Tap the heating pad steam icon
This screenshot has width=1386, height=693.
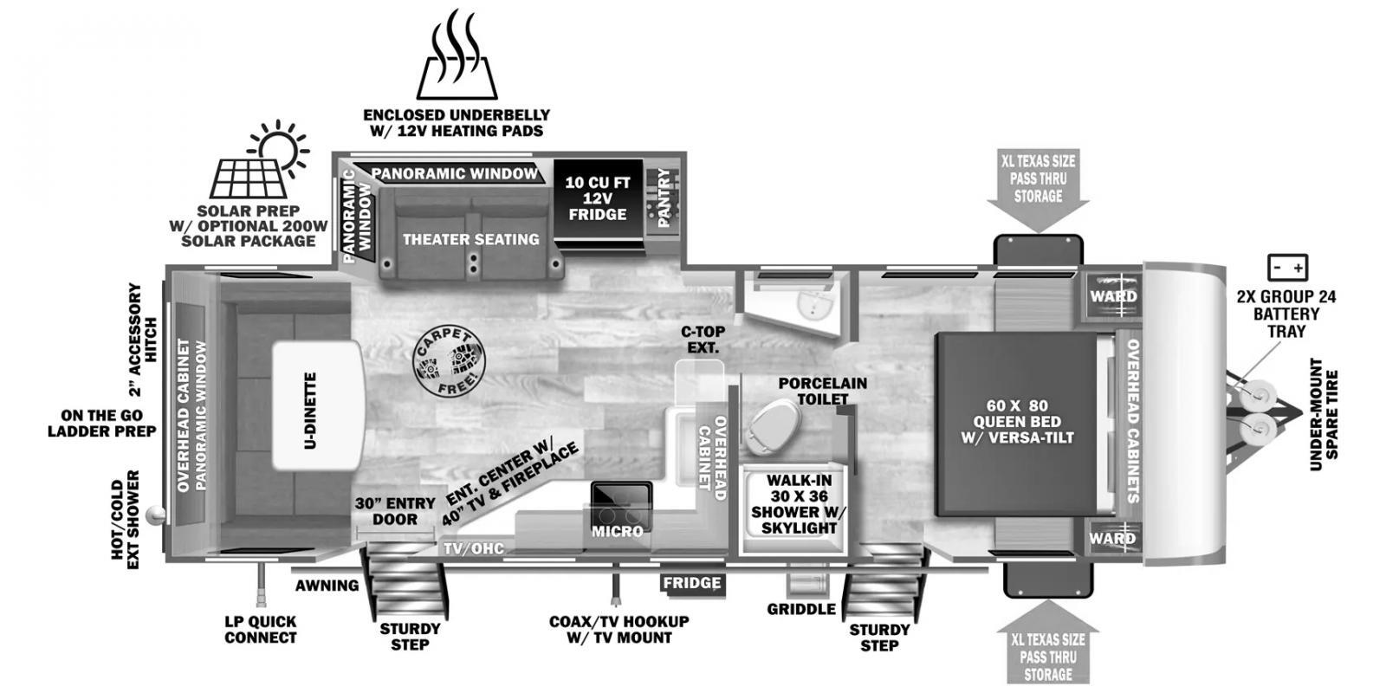click(457, 55)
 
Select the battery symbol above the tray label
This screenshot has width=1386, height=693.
click(1287, 268)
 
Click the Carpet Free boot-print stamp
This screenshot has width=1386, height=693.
click(450, 360)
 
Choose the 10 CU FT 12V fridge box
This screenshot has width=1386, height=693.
click(598, 198)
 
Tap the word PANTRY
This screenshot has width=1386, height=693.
click(664, 198)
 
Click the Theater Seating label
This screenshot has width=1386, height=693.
click(471, 239)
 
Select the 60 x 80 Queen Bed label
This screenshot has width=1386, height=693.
click(1017, 421)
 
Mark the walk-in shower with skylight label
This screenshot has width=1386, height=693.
click(799, 504)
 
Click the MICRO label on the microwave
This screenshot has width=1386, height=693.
click(618, 532)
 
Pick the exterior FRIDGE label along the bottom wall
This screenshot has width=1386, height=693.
click(692, 583)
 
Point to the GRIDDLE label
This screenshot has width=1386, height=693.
click(801, 610)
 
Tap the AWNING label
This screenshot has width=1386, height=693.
click(327, 586)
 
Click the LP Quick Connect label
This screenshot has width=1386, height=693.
click(261, 629)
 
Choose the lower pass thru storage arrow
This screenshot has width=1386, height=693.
click(1048, 642)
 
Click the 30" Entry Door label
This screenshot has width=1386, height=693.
click(395, 511)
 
